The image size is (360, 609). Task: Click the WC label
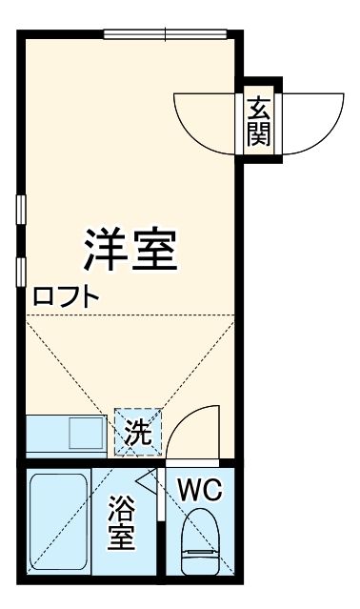(x=200, y=491)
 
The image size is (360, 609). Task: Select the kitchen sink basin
(x=85, y=434)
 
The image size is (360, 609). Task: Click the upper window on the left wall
(x=20, y=210)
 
